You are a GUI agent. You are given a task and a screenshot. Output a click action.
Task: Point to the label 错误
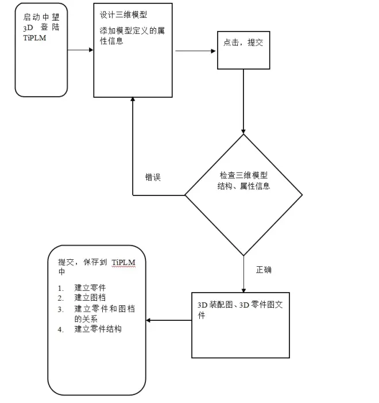point(153,178)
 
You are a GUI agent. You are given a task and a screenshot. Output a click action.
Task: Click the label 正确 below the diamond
point(264,269)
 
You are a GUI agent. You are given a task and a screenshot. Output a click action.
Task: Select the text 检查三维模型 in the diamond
point(244,175)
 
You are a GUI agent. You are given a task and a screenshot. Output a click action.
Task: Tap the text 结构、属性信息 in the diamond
point(244,186)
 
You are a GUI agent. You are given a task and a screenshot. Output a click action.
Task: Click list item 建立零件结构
point(98,329)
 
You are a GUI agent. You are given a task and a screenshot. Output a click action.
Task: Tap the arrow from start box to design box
point(80,50)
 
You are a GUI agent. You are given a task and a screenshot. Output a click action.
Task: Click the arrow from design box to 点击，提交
point(195,51)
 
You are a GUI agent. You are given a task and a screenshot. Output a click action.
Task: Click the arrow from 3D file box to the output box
point(169,320)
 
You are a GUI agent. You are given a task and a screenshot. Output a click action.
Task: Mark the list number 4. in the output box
point(60,329)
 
